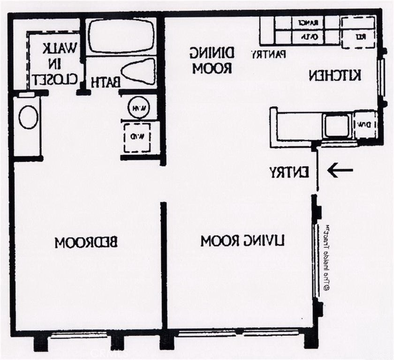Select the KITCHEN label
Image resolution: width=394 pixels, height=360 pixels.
334,75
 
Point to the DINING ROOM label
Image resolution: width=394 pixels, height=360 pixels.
211,60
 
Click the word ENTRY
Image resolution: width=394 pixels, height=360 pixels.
289,172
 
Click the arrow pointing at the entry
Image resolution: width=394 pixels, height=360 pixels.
340,170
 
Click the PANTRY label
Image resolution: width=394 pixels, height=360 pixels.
268,54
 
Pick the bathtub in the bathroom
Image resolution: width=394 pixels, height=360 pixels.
121,37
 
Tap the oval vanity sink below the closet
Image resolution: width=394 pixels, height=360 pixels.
29,117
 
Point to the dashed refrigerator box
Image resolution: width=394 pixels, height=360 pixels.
357,32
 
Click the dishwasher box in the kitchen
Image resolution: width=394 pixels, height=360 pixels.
365,125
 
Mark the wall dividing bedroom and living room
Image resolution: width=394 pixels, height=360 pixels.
164,265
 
